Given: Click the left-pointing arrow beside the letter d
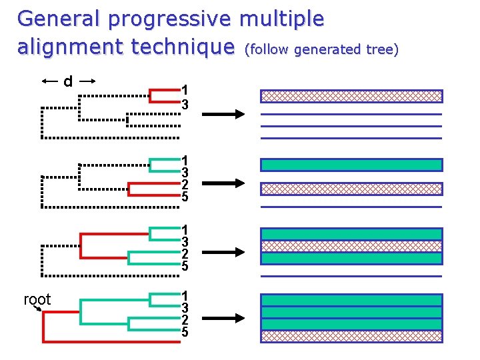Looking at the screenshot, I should coord(51,81).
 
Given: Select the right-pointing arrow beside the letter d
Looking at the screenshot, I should coord(88,81).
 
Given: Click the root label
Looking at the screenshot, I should coord(37,300).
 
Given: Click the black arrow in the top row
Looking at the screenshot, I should coord(223,115).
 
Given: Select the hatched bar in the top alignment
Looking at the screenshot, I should coord(351,96).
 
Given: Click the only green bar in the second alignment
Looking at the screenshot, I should coord(351,165).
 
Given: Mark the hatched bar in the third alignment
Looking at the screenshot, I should coord(351,246).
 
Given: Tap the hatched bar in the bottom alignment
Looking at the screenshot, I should coord(351,336).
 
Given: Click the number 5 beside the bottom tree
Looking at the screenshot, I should coord(185,332).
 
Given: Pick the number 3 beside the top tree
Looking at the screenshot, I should coord(185,105).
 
